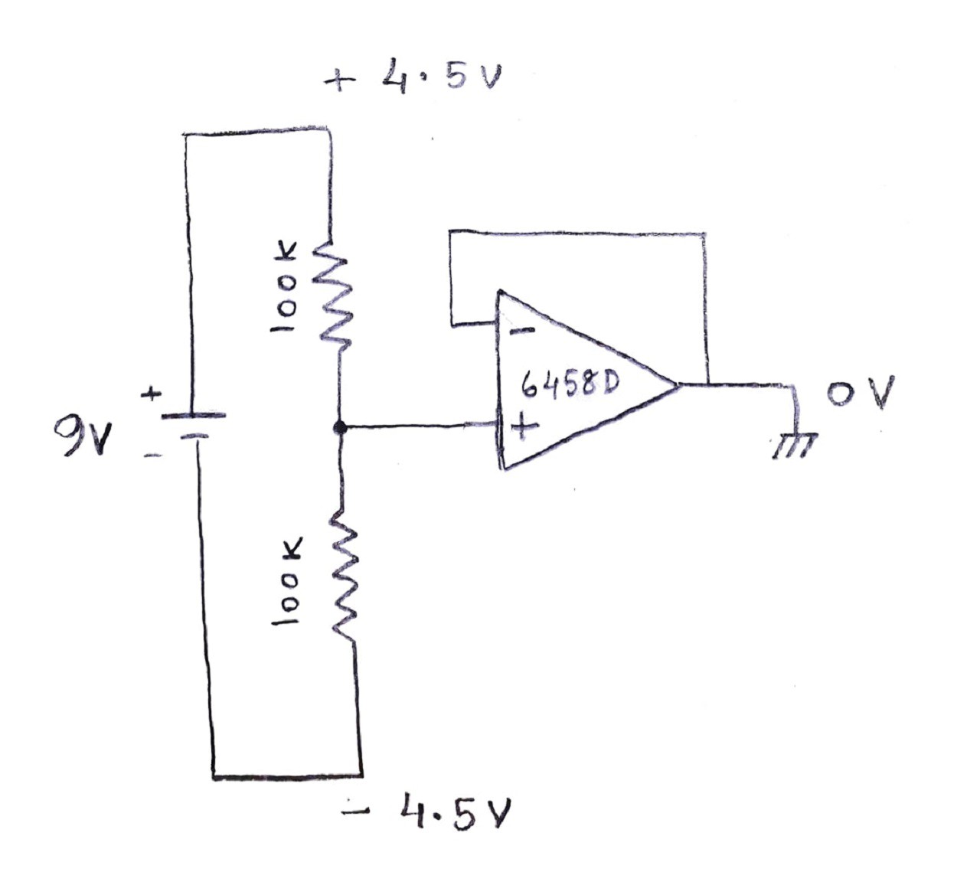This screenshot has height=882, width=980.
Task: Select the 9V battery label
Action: (82, 436)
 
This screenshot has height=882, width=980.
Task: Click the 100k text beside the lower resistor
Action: (288, 581)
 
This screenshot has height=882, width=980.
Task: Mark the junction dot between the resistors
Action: (340, 427)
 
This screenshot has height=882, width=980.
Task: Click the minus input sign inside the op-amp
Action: (521, 332)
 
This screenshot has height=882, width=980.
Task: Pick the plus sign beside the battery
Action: (152, 394)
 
